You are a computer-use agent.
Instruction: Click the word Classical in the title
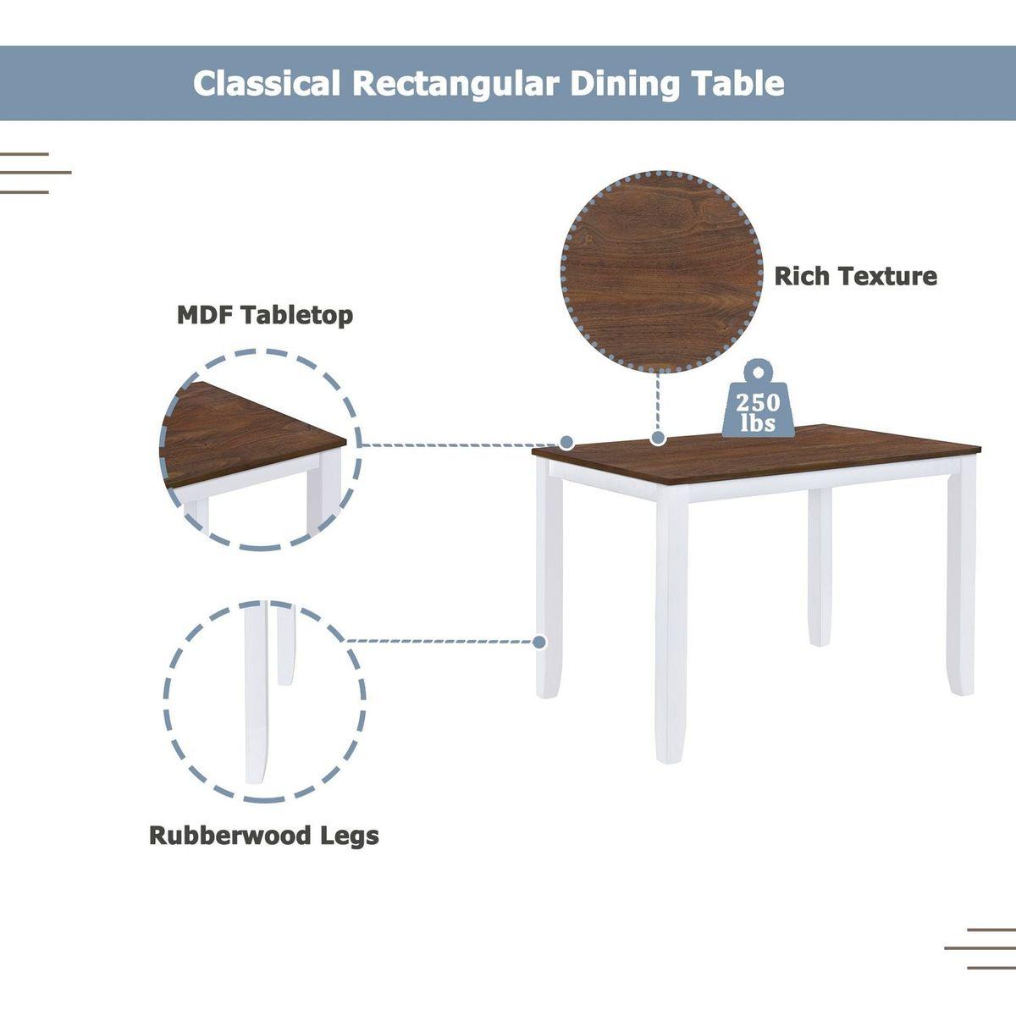point(267,84)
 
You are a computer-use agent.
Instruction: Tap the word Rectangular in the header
point(456,84)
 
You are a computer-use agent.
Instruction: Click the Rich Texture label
point(855,276)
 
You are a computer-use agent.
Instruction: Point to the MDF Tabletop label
point(264,316)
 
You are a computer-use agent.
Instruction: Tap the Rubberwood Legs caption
point(263,836)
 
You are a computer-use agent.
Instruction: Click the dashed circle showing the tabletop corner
point(261,449)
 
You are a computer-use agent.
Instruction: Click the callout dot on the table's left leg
point(539,642)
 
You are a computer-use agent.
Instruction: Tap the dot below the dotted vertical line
point(658,438)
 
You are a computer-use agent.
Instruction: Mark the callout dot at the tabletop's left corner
point(566,442)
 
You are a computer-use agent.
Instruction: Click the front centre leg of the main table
point(671,627)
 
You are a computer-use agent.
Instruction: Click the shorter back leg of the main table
point(819,567)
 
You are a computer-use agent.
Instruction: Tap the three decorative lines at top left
point(34,173)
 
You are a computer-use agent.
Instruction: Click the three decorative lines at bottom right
point(980,949)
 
